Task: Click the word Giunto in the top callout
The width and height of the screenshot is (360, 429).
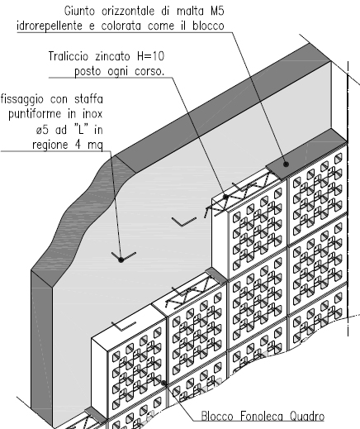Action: pyautogui.click(x=79, y=12)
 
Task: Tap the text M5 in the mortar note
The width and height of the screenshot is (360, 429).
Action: pyautogui.click(x=217, y=11)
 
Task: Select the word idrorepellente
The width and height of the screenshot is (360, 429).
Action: pyautogui.click(x=50, y=26)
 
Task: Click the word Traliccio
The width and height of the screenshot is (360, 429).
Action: pyautogui.click(x=69, y=56)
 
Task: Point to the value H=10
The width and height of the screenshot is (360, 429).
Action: pyautogui.click(x=150, y=56)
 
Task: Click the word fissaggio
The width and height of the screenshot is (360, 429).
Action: pyautogui.click(x=22, y=99)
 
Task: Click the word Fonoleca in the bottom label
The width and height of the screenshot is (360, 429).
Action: pyautogui.click(x=261, y=416)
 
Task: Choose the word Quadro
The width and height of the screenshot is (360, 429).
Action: pyautogui.click(x=307, y=416)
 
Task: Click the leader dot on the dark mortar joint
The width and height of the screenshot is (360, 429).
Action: pyautogui.click(x=286, y=164)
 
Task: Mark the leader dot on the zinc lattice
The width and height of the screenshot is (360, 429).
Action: pyautogui.click(x=225, y=197)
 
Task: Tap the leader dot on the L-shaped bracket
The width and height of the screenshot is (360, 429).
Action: pyautogui.click(x=121, y=260)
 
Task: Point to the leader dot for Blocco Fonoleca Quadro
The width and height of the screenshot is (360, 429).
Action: pyautogui.click(x=163, y=383)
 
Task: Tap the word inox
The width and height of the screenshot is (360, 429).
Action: pyautogui.click(x=92, y=114)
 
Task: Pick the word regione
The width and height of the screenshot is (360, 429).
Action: pyautogui.click(x=50, y=145)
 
